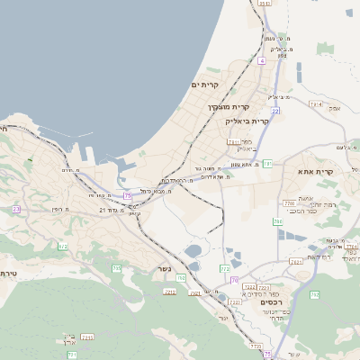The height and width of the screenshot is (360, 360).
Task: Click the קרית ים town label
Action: click(x=205, y=84)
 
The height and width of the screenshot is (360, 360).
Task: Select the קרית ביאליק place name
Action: click(x=272, y=121)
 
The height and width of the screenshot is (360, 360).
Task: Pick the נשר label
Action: click(x=162, y=268)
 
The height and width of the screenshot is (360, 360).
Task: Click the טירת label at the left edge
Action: click(x=9, y=273)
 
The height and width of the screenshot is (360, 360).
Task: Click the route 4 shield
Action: click(x=261, y=60)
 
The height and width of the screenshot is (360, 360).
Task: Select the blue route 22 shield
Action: click(x=276, y=110)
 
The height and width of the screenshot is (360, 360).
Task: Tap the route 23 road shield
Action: click(x=16, y=209)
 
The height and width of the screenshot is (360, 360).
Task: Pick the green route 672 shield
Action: click(x=63, y=246)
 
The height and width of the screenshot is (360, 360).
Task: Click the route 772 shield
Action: click(x=225, y=268)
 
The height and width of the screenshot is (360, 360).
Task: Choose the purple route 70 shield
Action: click(x=233, y=281)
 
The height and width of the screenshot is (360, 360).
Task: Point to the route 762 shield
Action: click(x=182, y=277)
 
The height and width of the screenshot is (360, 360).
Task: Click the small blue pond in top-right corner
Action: click(x=349, y=13)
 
